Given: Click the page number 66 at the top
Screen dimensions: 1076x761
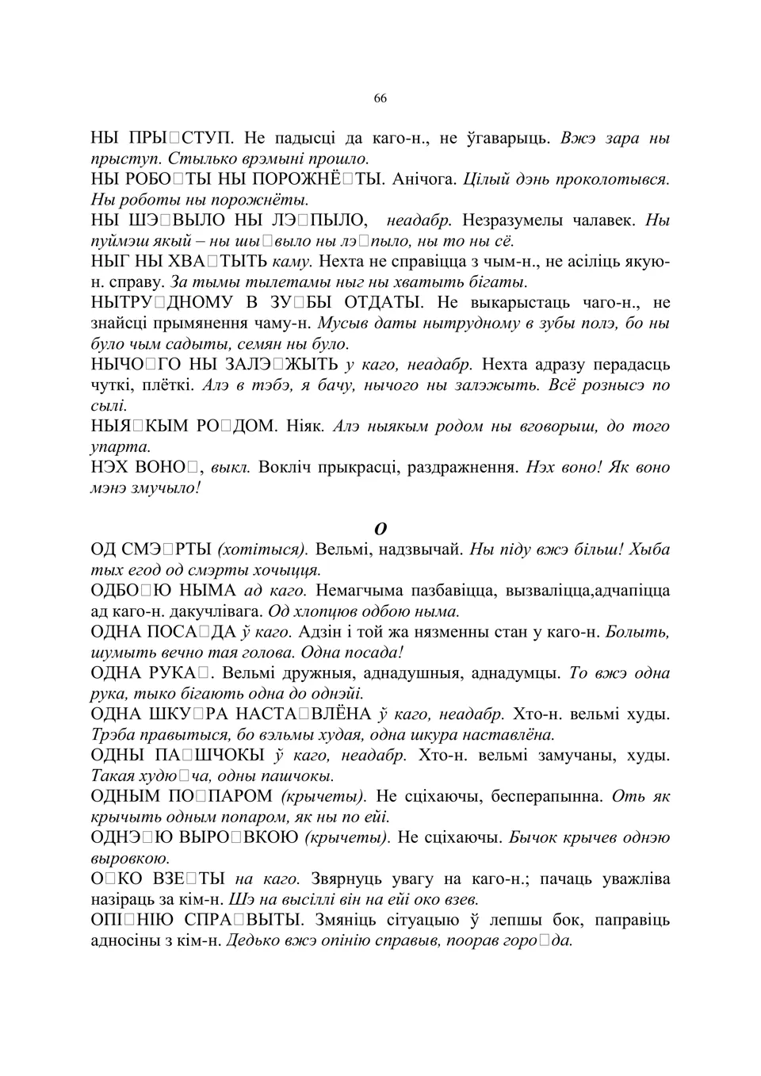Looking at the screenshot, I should coord(380,98).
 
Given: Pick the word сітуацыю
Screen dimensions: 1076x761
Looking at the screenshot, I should coord(401,921).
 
